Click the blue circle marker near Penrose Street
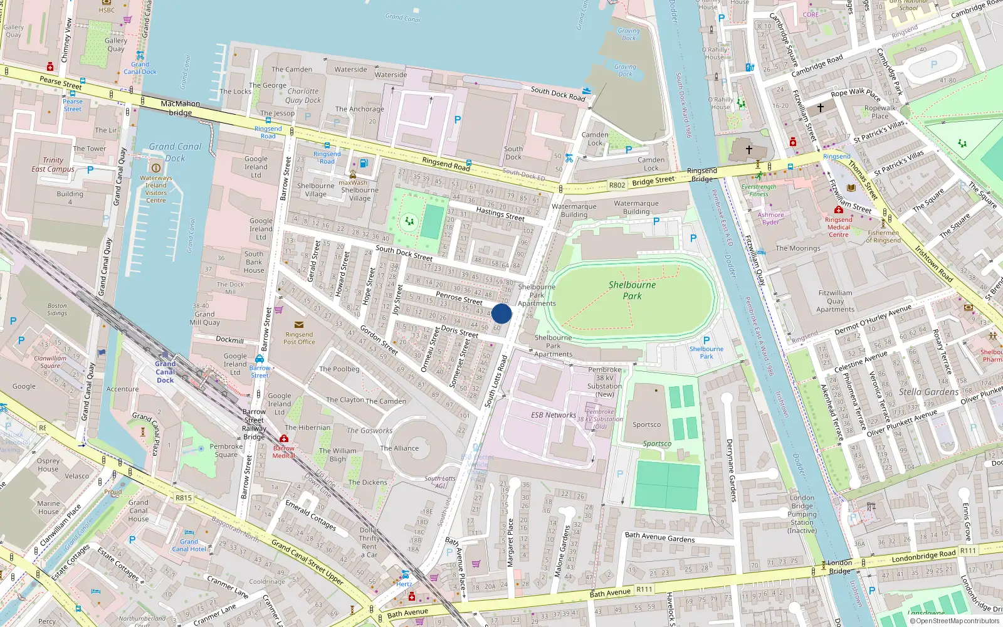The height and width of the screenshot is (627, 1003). [x=501, y=313]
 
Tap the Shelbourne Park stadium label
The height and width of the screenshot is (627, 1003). [x=632, y=290]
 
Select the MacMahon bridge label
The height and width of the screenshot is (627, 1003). [x=180, y=108]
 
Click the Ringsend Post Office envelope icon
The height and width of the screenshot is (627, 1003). [x=298, y=325]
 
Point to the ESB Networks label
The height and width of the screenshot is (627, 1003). [x=553, y=415]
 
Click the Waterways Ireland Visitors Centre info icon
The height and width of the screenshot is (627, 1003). [x=156, y=167]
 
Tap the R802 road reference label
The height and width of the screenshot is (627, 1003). [x=617, y=185]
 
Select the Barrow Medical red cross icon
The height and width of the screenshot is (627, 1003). [x=284, y=439]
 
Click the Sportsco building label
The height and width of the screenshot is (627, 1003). [x=646, y=424]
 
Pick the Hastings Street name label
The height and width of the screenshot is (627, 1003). [x=500, y=214]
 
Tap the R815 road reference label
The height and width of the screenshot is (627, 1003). [x=184, y=498]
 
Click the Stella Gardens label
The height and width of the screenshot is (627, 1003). [x=928, y=392]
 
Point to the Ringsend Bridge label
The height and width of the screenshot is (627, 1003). [x=701, y=174]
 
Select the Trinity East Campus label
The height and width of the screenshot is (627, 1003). [x=53, y=164]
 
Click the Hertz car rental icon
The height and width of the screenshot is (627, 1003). [x=406, y=574]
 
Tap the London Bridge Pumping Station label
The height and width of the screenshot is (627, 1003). [x=802, y=514]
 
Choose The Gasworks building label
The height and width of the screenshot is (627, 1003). [x=369, y=431]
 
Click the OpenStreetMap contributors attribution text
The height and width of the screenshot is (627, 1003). [x=954, y=621]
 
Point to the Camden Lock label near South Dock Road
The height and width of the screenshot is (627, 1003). [x=595, y=139]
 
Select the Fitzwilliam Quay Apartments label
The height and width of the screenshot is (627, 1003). [x=835, y=301]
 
